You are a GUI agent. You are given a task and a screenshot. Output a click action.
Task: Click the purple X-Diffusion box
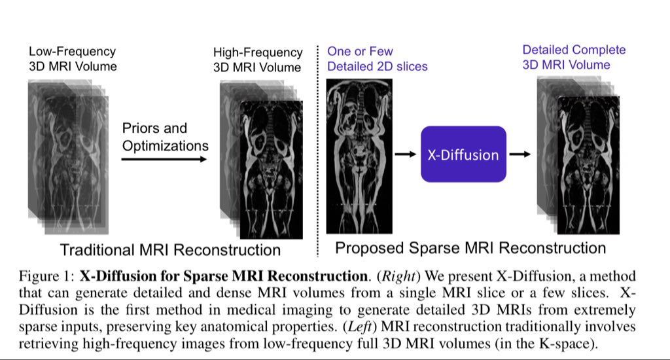463,154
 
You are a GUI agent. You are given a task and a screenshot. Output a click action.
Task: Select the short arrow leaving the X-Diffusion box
520,155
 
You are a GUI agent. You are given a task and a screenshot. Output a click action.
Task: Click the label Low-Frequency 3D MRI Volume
73,58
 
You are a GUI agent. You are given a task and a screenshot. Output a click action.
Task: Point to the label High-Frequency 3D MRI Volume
258,60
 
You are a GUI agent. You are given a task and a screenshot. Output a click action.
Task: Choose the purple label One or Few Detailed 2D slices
378,58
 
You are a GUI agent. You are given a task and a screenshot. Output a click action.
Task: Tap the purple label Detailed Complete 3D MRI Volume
574,57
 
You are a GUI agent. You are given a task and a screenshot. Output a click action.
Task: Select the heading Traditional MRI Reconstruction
170,249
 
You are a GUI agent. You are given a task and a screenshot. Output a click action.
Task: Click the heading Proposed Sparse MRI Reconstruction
470,247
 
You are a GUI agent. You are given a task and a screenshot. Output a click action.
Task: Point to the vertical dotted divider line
317,151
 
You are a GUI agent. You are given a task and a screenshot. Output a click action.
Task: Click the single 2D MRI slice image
362,155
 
